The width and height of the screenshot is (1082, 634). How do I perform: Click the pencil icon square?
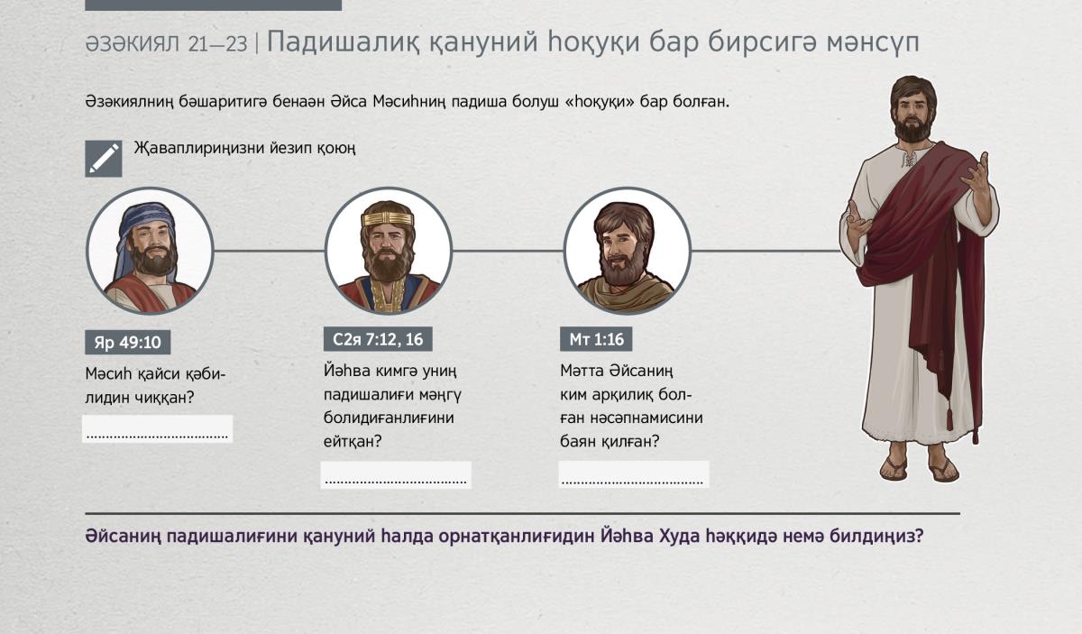coord(104,159)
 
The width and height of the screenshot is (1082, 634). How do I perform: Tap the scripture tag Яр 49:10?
coord(127,342)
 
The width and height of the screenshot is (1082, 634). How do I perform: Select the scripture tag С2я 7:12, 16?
coord(378,339)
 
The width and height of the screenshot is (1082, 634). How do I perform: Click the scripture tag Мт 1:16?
coord(596,339)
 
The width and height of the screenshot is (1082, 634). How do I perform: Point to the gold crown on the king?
coord(388,219)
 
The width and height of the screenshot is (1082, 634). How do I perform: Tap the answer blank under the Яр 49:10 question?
coord(158,428)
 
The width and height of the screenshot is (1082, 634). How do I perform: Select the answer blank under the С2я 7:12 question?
coord(396,475)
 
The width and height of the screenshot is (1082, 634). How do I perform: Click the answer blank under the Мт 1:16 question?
coord(634,474)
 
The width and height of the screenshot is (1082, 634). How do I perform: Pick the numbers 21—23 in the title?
coord(218,44)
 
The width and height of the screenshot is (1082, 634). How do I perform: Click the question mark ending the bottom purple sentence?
coord(918,536)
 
